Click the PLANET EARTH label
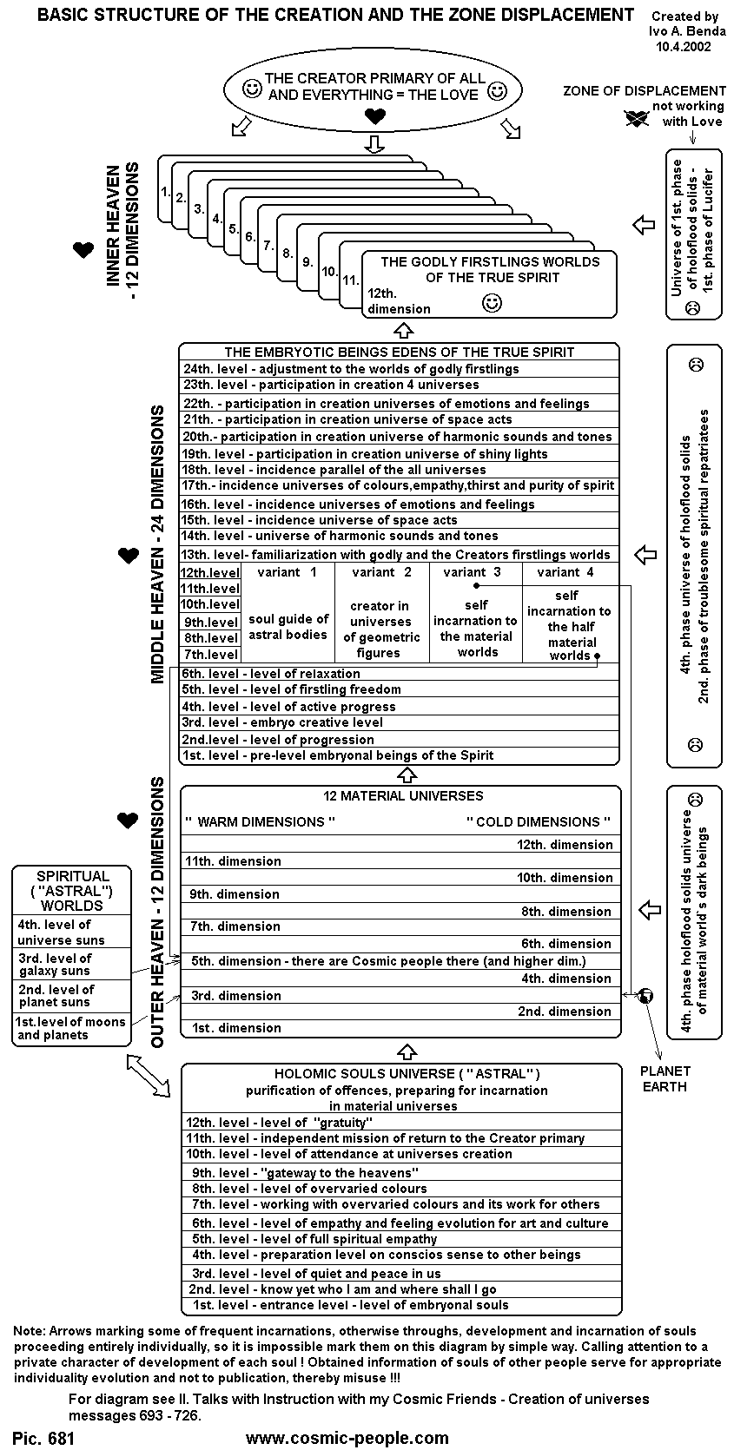click(665, 1078)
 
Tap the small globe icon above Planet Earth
click(645, 996)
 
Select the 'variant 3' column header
click(472, 572)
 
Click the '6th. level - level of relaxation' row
click(270, 674)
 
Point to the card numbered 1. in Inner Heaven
click(165, 188)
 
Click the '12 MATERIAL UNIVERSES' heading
click(402, 795)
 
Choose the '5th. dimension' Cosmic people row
click(389, 961)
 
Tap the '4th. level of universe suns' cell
click(61, 933)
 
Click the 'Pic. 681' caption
click(44, 1438)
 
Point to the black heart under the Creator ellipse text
click(374, 116)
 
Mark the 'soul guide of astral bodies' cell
click(288, 627)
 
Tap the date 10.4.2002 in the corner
click(684, 47)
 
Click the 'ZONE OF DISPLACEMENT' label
click(644, 90)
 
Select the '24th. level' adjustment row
click(351, 369)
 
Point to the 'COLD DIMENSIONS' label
click(539, 821)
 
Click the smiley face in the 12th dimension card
click(492, 303)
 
